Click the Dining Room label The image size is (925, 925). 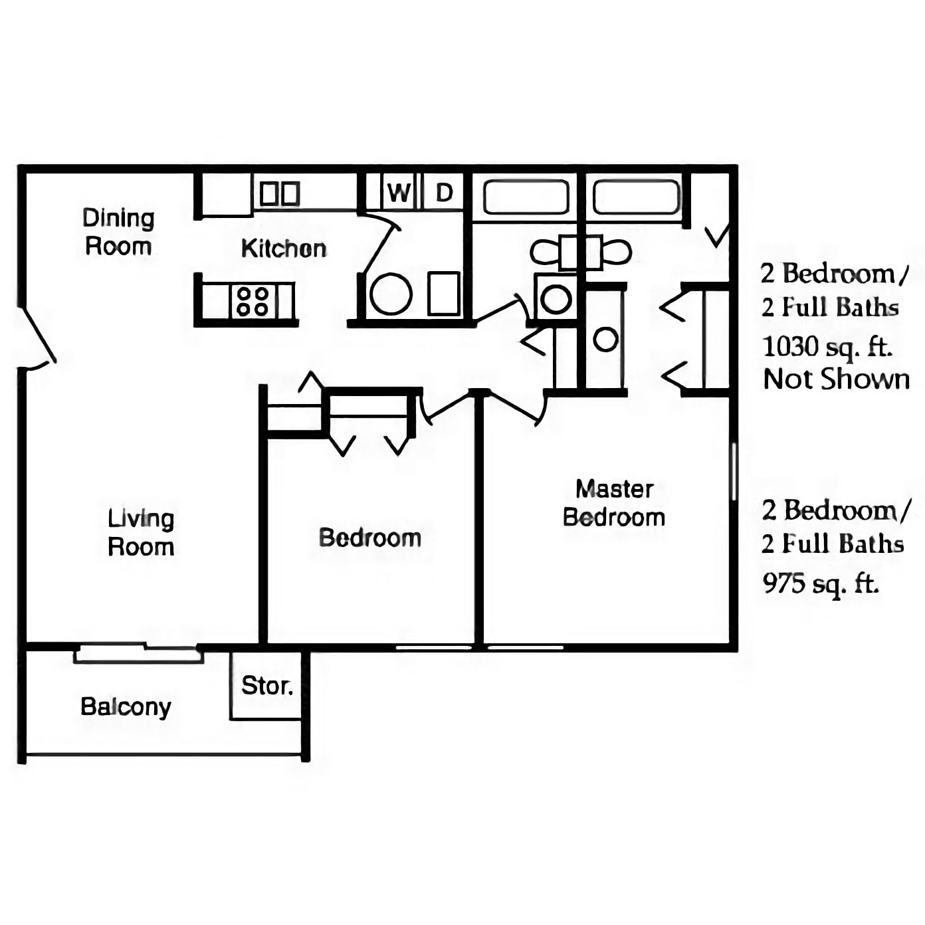118,232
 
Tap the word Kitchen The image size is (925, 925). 284,249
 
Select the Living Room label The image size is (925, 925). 141,532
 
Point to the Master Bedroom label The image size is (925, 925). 614,503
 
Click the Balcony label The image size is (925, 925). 126,706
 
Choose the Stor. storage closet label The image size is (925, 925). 266,685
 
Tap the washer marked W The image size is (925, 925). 399,193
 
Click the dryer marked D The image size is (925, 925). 444,193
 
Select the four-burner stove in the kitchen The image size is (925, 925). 253,301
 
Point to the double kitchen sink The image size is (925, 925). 280,194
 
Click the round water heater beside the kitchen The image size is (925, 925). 391,294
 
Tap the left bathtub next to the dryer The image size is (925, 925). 526,197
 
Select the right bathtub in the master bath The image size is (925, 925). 636,197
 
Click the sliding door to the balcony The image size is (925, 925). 138,653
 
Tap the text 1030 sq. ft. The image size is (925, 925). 826,346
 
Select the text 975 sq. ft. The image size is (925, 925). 820,583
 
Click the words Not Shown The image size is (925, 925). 836,379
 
